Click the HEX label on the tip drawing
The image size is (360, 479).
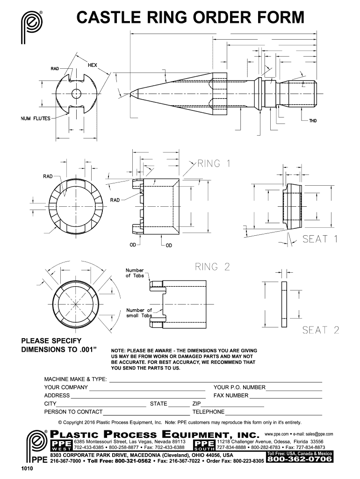92,65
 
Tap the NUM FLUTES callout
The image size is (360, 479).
35,118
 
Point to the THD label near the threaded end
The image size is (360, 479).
312,121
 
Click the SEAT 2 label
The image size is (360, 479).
320,330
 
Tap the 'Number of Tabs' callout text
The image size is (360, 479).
135,273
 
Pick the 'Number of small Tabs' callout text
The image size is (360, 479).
139,313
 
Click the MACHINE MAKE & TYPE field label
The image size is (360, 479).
75,378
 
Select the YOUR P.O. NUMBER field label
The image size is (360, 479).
239,387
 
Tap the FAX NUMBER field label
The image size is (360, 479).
231,395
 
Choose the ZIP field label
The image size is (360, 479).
196,404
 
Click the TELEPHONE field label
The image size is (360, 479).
209,412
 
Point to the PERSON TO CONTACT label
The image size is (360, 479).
73,412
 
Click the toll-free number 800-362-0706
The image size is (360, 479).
299,459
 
